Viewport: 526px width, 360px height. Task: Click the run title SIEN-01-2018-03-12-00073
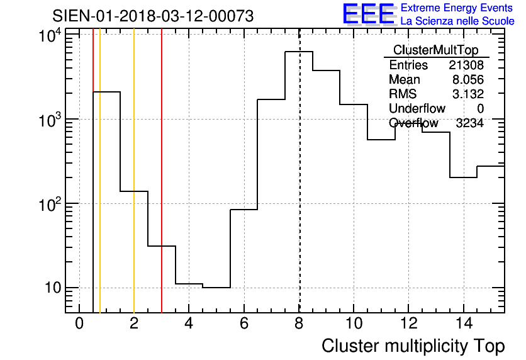[153, 16]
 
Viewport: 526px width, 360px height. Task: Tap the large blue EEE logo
[369, 14]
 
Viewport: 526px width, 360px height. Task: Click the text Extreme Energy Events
[457, 8]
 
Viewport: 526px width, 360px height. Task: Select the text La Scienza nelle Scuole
[457, 21]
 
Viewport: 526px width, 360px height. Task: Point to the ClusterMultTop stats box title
[435, 50]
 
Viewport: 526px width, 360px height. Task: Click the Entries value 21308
[466, 65]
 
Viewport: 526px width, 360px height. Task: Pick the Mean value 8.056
[468, 80]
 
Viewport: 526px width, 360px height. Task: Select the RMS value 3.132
[468, 94]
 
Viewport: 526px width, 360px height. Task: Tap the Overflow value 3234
[469, 123]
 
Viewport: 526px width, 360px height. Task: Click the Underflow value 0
[480, 109]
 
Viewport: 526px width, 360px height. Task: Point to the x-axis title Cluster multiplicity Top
[413, 346]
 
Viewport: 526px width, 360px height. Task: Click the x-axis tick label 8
[299, 324]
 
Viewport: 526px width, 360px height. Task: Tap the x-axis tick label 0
[79, 324]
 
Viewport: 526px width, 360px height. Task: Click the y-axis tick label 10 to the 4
[50, 37]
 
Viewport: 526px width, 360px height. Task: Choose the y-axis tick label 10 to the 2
[50, 205]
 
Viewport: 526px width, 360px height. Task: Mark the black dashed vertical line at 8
[299, 189]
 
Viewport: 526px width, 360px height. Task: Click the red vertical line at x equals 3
[162, 157]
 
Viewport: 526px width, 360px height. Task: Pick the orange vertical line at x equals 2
[134, 157]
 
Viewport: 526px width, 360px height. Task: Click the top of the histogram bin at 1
[106, 92]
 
